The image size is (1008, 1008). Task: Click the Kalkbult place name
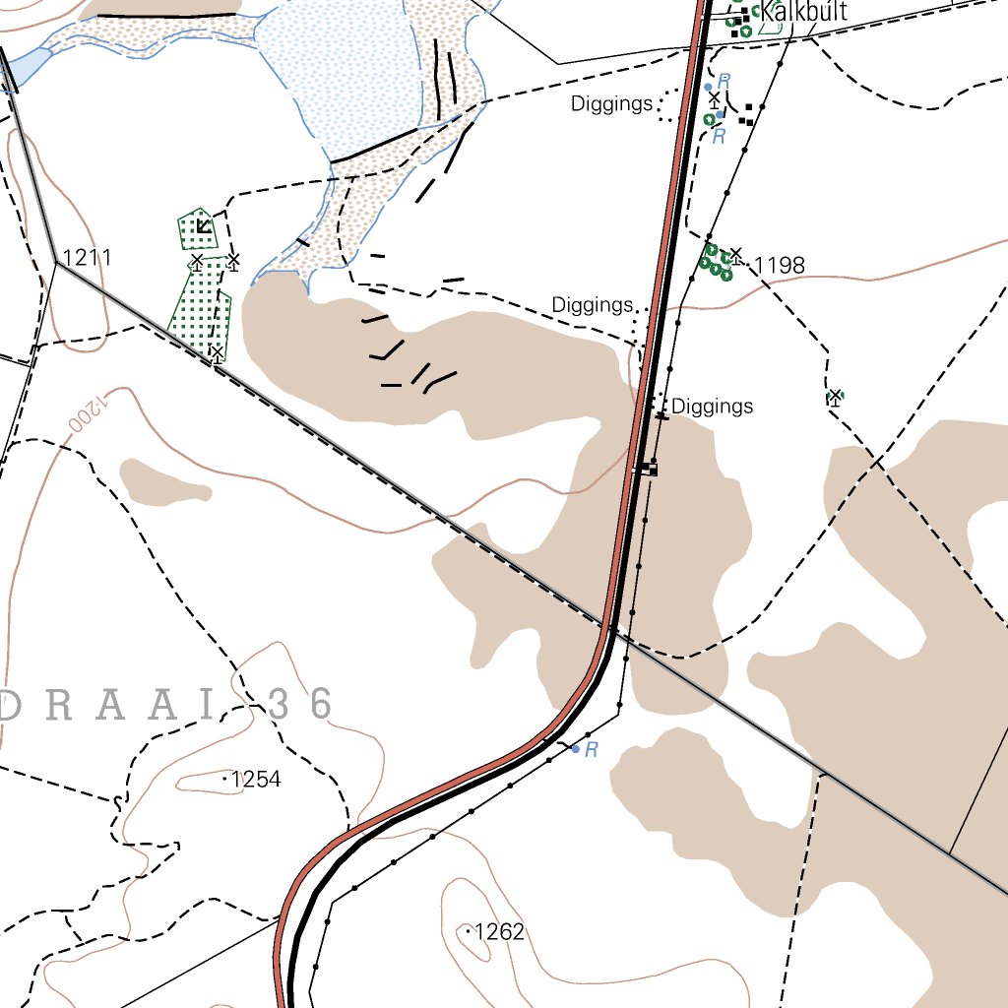click(803, 13)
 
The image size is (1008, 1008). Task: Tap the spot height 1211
click(87, 258)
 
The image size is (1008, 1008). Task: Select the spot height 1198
click(780, 265)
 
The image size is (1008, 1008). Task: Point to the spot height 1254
click(255, 780)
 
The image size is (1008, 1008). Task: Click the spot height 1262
click(499, 931)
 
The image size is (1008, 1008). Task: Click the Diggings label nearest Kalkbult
click(611, 103)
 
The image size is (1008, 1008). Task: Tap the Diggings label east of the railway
click(712, 406)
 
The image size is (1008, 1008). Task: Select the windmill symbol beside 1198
click(735, 255)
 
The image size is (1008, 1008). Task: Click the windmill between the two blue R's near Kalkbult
click(715, 99)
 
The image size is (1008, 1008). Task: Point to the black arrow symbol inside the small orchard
click(202, 226)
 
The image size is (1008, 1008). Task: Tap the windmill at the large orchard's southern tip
click(216, 352)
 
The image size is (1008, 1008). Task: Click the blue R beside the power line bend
click(591, 750)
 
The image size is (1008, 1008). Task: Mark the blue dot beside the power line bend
click(576, 749)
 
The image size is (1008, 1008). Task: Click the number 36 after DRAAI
click(300, 703)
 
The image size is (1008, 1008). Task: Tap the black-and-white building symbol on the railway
click(646, 469)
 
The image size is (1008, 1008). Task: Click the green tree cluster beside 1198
click(716, 261)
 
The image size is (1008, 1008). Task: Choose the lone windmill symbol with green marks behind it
click(835, 397)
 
